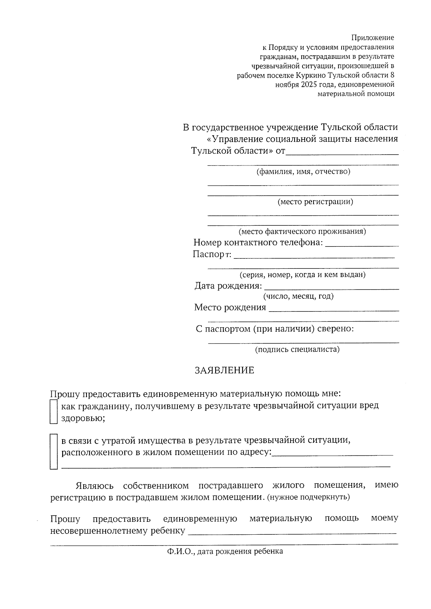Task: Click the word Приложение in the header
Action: [x=372, y=38]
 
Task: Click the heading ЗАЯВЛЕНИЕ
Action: [x=224, y=370]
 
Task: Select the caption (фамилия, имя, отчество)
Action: [x=303, y=172]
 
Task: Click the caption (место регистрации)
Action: [x=315, y=202]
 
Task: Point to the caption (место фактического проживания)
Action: [x=302, y=231]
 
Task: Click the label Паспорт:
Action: [x=212, y=255]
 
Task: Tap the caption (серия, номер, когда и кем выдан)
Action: [x=302, y=275]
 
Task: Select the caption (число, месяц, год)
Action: [x=298, y=296]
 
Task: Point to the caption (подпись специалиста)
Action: [x=297, y=349]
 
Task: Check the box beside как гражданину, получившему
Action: [x=54, y=412]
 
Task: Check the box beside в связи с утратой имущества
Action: [x=54, y=451]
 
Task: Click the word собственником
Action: [x=156, y=486]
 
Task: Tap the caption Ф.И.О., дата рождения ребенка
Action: [x=225, y=551]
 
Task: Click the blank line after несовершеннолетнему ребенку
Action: [x=292, y=532]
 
